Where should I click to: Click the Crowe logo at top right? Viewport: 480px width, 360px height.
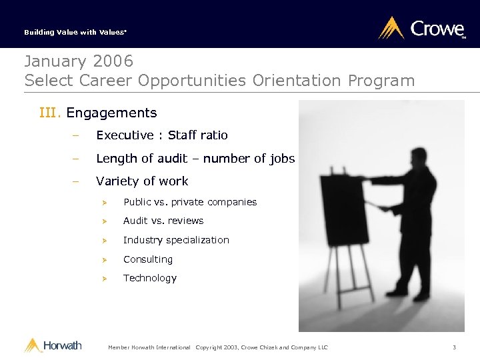(422, 29)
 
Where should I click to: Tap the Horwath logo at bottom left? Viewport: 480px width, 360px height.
(53, 345)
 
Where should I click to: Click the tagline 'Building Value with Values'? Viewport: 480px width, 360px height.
(66, 32)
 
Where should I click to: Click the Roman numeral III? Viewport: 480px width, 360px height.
(50, 113)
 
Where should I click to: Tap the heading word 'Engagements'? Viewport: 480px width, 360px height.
(111, 113)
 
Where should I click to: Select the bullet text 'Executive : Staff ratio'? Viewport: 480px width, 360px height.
(162, 135)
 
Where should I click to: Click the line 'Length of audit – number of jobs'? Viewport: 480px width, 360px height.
(195, 158)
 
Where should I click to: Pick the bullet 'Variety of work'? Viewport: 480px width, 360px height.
(142, 181)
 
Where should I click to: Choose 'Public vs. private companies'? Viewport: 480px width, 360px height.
(190, 202)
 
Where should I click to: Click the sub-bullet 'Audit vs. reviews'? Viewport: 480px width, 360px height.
(163, 221)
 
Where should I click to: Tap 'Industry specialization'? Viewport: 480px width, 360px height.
(176, 240)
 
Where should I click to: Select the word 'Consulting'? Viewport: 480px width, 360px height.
(148, 259)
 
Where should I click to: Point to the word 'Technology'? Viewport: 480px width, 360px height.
(150, 278)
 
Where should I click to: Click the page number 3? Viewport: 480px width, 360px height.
(454, 347)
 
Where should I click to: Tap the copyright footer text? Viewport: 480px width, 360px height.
(262, 347)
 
